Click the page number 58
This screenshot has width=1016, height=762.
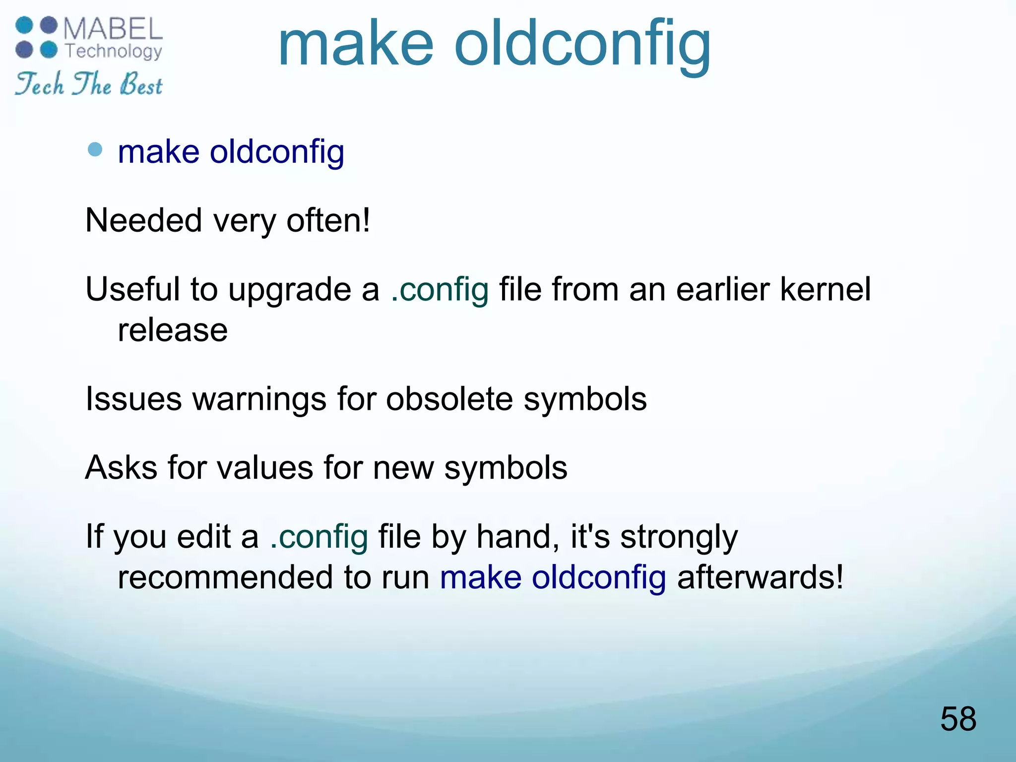tap(958, 719)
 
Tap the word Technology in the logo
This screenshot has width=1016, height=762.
tap(114, 51)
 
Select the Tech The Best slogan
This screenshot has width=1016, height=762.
tap(89, 84)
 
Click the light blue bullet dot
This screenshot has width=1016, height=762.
tap(95, 149)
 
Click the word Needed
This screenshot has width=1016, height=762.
tap(143, 220)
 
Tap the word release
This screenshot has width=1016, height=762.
tap(173, 330)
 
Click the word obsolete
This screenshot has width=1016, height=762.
tap(449, 399)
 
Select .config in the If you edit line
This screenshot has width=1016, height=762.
tap(319, 537)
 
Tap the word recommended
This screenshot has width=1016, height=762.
tap(225, 577)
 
